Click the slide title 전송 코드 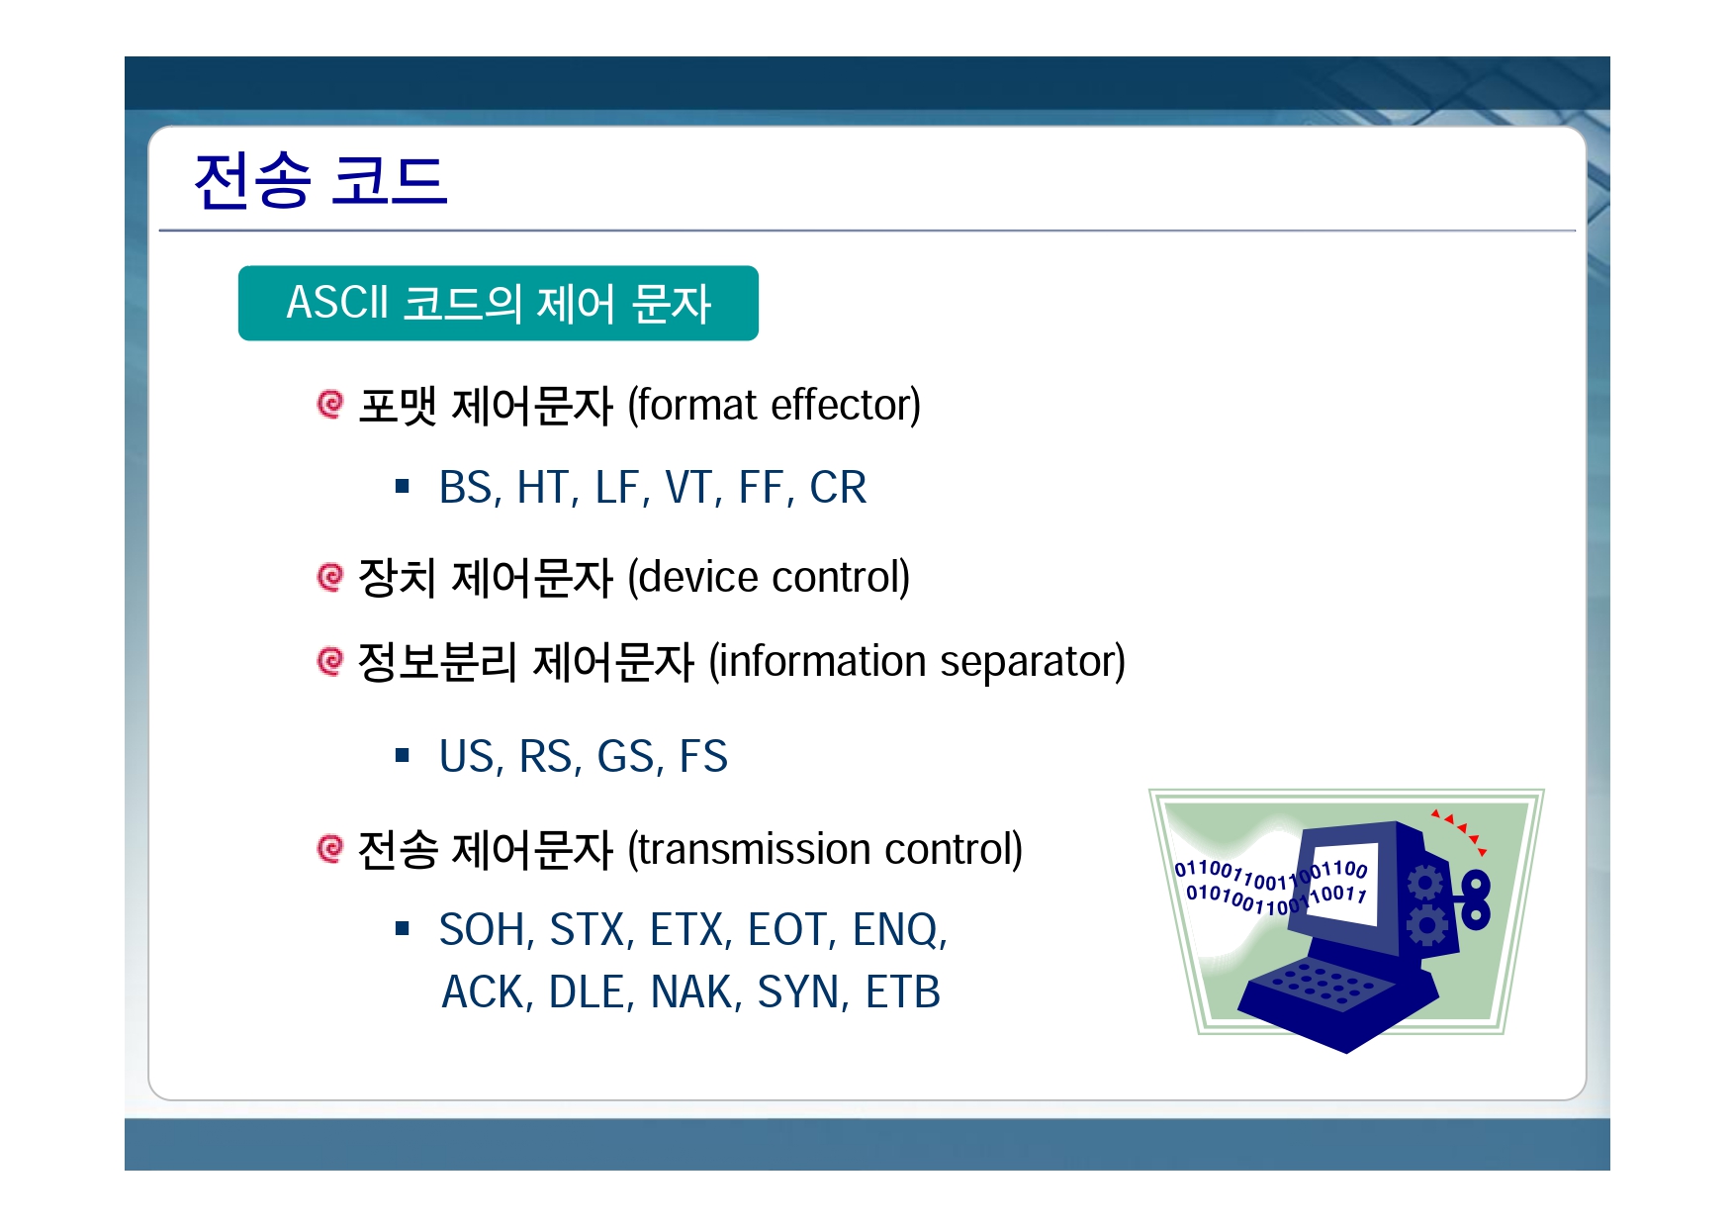320,181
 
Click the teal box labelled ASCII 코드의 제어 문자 499,303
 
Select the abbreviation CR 838,488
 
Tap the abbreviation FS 703,757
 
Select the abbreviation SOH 484,930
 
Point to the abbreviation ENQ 896,930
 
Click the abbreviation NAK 692,992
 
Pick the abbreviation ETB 902,992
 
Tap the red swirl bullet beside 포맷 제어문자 329,404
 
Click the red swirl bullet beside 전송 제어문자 329,848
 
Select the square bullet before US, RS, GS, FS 402,756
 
